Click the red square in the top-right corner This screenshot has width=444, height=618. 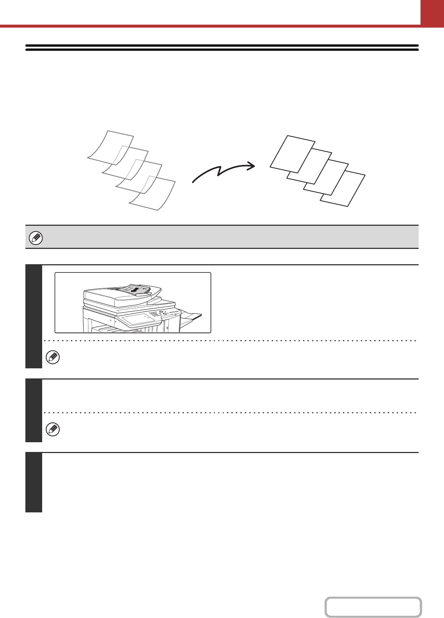(432, 12)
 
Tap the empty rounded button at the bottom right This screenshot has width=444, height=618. (373, 607)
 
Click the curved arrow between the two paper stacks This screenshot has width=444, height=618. (223, 172)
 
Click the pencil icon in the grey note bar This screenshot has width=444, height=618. (36, 238)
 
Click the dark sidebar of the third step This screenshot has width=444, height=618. (34, 482)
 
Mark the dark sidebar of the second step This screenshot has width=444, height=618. (34, 411)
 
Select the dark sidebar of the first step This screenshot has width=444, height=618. (34, 316)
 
